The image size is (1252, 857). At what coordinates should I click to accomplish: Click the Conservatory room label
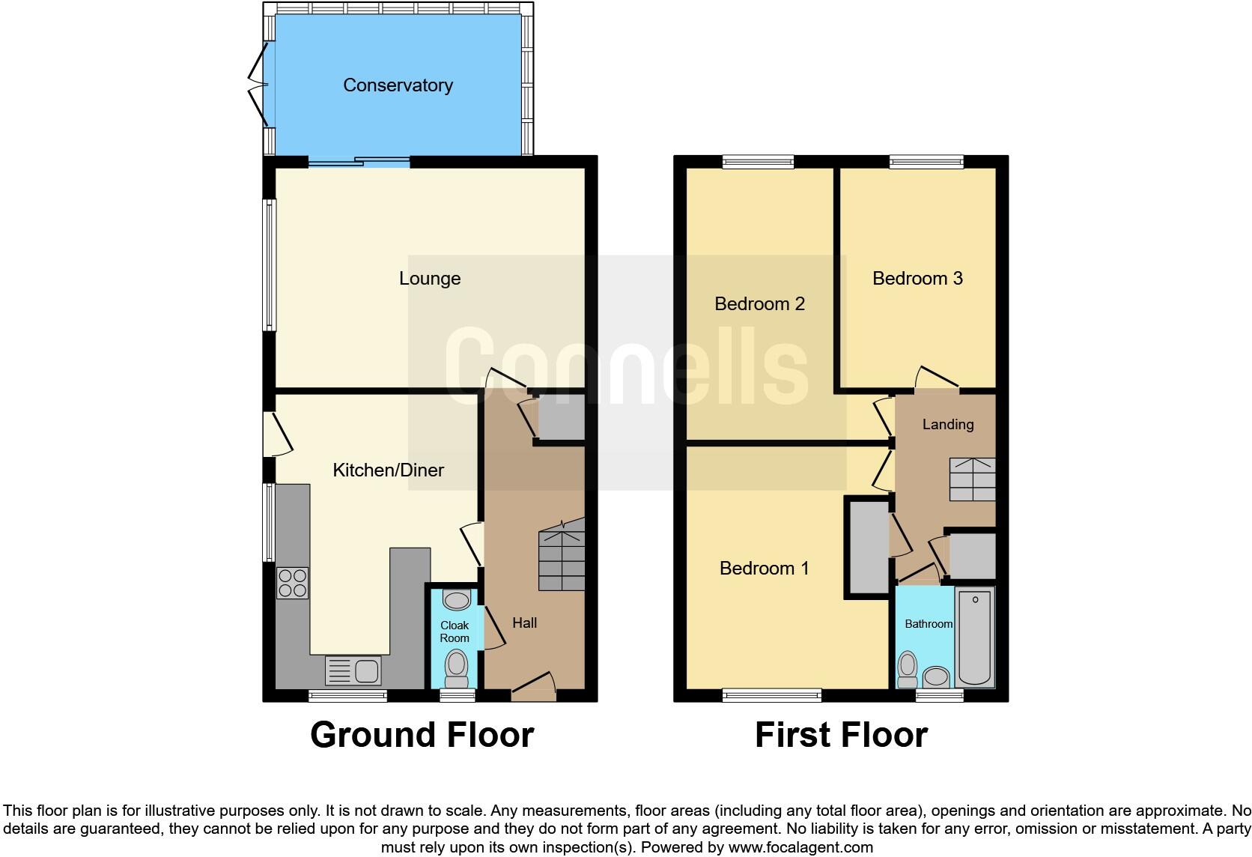[398, 85]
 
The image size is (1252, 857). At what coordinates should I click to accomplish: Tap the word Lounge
[429, 279]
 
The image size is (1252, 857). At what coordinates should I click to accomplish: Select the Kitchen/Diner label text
[388, 470]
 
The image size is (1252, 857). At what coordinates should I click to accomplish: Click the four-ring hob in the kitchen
[292, 583]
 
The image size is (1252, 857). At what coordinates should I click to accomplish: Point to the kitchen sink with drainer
[354, 670]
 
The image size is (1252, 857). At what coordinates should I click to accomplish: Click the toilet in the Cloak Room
[456, 667]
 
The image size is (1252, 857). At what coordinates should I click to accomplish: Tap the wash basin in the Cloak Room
[456, 599]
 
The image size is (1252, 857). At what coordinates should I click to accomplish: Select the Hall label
[524, 623]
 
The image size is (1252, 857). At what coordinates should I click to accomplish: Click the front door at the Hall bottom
[533, 685]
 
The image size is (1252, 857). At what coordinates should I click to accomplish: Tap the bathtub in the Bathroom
[974, 637]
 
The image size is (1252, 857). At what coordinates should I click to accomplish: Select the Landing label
[947, 425]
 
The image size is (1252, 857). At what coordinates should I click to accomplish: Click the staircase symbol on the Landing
[972, 479]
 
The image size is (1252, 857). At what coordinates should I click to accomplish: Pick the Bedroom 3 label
[917, 279]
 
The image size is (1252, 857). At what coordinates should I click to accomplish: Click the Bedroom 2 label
[759, 304]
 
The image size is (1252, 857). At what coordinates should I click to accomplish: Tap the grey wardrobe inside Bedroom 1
[867, 548]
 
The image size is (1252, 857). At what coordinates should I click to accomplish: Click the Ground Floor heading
[422, 735]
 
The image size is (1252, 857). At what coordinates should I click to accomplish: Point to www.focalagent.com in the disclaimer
[800, 848]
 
